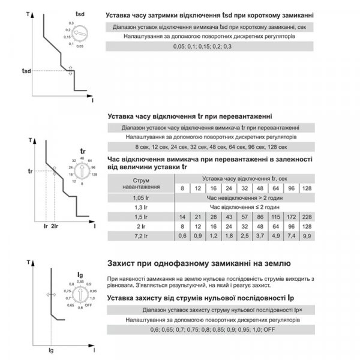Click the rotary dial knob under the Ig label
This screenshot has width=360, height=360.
[x=83, y=296]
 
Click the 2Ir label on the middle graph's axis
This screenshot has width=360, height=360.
[x=55, y=227]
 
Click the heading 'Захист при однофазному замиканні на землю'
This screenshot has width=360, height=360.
[x=197, y=263]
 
